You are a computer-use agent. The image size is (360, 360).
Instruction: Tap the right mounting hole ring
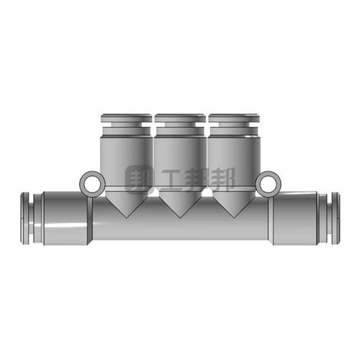[x=266, y=183]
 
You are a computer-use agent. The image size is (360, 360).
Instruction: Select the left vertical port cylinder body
[x=125, y=162]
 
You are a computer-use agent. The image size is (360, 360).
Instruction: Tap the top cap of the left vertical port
[x=125, y=117]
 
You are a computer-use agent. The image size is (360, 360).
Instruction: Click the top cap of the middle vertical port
[x=179, y=117]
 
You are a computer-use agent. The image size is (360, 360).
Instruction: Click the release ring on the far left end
[x=26, y=217]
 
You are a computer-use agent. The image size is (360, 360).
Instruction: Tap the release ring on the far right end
[x=333, y=217]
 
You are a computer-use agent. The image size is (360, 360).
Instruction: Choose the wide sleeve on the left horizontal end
[x=66, y=218]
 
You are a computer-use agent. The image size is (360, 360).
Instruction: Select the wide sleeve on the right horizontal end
[x=294, y=218]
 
